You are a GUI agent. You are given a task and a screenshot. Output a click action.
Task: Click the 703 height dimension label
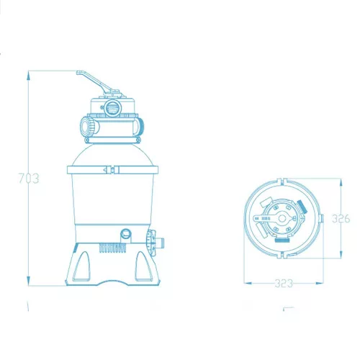(x=29, y=179)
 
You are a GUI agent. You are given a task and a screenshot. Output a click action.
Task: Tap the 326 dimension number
(x=341, y=218)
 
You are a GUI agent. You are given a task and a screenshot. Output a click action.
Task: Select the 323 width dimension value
(x=284, y=284)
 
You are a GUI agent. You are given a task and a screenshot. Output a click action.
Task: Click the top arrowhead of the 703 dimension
(x=28, y=75)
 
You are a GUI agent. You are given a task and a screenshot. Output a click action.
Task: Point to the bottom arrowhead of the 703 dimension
(x=28, y=281)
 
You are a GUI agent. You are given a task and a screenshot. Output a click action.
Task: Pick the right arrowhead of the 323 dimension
(x=319, y=283)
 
